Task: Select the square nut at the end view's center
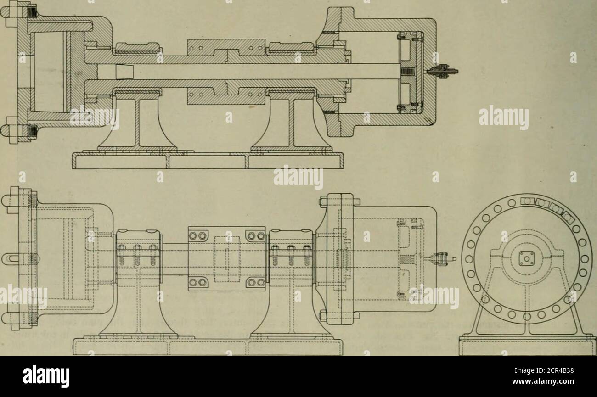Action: point(527,258)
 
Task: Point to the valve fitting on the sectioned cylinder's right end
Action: point(442,71)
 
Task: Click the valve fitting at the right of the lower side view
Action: point(440,258)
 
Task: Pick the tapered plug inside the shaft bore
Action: point(125,72)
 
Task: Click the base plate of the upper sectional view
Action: point(208,160)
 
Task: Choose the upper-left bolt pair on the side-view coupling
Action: point(197,236)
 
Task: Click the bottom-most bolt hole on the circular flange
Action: point(527,317)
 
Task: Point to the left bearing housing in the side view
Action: point(139,256)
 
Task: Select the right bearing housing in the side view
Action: point(291,256)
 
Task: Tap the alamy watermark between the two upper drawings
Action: point(298,177)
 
